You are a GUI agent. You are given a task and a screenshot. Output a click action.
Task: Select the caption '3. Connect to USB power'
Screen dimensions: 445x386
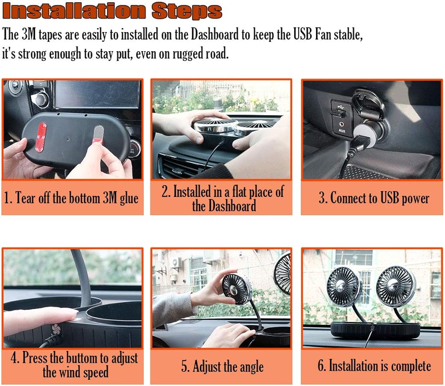(x=374, y=198)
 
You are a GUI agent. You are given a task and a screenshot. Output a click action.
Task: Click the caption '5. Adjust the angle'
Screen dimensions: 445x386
(x=222, y=366)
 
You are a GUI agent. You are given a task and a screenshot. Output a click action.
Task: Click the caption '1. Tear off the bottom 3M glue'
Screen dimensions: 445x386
(x=71, y=198)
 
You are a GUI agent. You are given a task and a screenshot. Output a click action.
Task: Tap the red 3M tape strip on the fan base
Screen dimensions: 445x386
(x=41, y=137)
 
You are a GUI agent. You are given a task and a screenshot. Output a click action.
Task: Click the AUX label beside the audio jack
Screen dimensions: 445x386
(x=342, y=131)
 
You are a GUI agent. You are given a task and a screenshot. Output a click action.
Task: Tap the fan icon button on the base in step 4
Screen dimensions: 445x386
(x=56, y=329)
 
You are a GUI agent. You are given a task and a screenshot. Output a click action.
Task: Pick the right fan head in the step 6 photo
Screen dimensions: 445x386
(x=396, y=282)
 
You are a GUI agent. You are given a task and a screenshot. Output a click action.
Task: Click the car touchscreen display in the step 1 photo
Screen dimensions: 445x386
(x=97, y=93)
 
